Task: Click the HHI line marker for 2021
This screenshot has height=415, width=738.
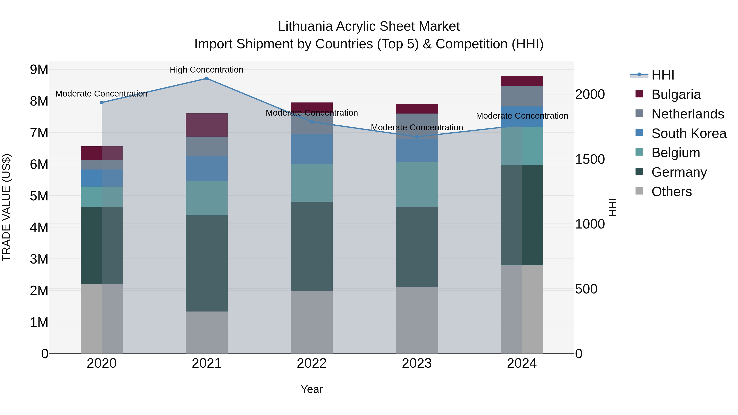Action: [x=207, y=78]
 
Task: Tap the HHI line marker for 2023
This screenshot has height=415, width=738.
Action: [x=417, y=137]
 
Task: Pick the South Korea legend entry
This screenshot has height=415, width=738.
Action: [x=689, y=133]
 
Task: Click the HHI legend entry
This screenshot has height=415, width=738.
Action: [x=663, y=75]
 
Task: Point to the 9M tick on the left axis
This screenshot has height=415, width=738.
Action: [x=39, y=70]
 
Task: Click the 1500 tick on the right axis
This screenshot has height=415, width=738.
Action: [x=590, y=159]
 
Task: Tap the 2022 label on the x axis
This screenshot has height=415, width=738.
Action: [x=312, y=363]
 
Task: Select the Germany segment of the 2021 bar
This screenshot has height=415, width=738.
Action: [x=207, y=264]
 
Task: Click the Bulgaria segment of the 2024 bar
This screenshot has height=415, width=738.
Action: [x=522, y=81]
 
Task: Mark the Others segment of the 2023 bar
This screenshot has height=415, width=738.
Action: [x=417, y=320]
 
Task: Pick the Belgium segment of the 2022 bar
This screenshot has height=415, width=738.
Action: [x=312, y=183]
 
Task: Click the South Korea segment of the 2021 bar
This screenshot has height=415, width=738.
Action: [x=207, y=168]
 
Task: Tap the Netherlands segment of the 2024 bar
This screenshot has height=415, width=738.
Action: [x=522, y=96]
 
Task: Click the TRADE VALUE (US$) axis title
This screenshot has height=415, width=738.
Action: [x=6, y=207]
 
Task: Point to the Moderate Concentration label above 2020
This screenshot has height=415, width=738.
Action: [x=101, y=94]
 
